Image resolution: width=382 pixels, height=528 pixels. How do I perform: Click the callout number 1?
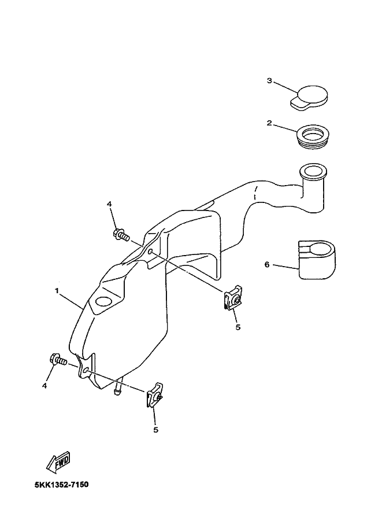57,291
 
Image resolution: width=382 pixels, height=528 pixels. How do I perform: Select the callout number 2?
269,123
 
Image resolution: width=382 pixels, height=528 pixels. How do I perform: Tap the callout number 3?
269,80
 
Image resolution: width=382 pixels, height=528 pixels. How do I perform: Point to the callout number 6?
267,264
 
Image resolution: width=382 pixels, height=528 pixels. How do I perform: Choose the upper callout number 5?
237,327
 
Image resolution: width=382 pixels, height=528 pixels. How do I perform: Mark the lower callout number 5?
155,430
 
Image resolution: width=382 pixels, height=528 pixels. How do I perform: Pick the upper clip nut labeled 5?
233,300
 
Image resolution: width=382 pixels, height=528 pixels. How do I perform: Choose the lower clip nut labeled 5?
154,396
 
